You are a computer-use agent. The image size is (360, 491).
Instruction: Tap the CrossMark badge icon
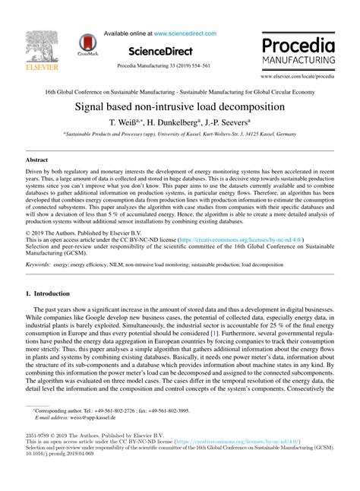[x=88, y=46]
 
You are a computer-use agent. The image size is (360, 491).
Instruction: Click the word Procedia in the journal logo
[x=298, y=43]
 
